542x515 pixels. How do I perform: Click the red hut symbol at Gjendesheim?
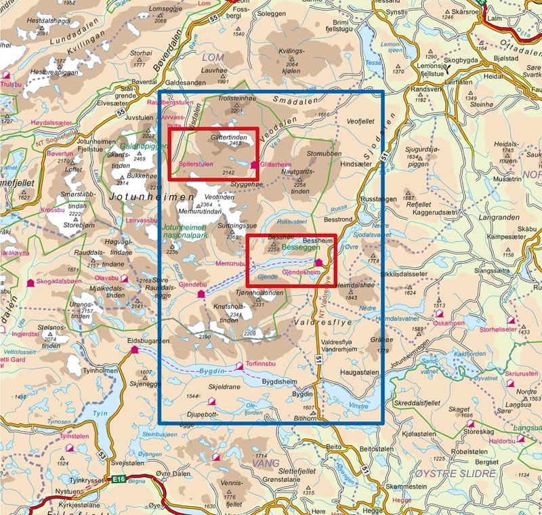click(319, 262)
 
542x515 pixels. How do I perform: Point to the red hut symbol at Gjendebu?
click(201, 294)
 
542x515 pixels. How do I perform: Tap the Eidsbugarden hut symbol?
click(135, 349)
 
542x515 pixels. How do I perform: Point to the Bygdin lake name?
click(213, 372)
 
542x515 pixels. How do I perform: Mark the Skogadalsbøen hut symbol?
click(30, 282)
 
